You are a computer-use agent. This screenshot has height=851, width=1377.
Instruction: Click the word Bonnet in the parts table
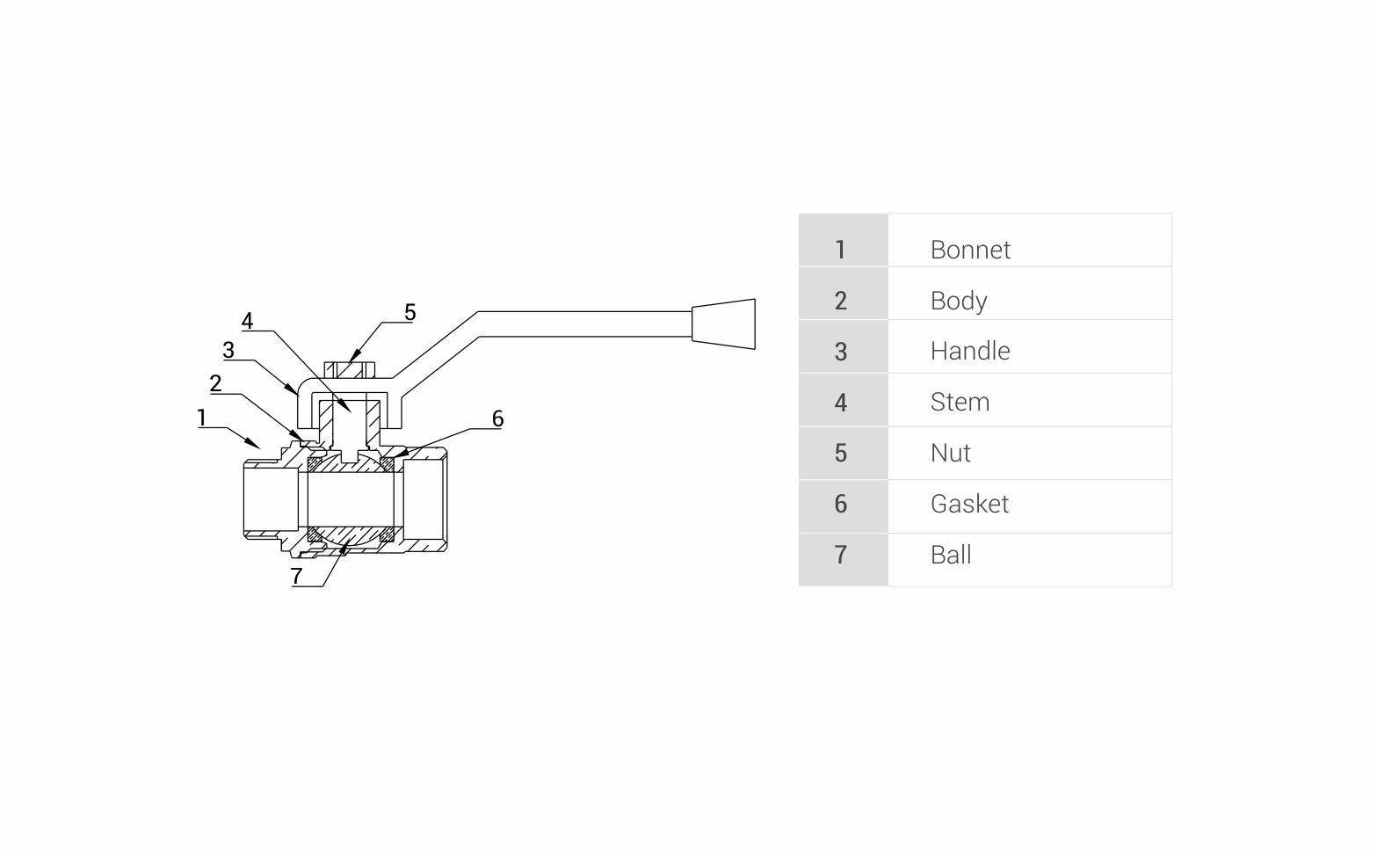click(969, 251)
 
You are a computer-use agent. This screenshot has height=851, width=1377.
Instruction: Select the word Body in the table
click(958, 302)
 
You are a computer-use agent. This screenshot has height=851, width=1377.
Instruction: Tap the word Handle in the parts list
click(969, 352)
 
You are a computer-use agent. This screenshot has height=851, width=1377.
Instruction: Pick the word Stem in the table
click(960, 403)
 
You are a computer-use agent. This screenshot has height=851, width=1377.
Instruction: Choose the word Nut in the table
click(950, 454)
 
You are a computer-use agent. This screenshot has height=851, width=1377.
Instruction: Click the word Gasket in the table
click(968, 505)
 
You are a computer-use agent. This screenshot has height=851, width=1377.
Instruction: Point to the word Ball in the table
click(950, 556)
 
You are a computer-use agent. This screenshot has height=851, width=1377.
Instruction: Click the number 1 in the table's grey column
click(840, 251)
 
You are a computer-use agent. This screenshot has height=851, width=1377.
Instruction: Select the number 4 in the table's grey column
click(840, 403)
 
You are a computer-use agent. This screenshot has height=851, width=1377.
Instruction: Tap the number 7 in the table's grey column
click(840, 556)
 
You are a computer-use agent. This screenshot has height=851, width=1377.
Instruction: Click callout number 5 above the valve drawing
click(409, 313)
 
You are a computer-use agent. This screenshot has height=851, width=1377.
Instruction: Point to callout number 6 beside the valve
click(497, 418)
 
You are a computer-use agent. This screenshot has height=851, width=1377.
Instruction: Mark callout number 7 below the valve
click(297, 576)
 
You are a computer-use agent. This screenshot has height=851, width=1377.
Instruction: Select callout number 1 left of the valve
click(201, 418)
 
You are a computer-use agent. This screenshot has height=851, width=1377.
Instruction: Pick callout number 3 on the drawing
click(228, 351)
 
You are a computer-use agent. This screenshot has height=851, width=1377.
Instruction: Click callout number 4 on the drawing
click(247, 322)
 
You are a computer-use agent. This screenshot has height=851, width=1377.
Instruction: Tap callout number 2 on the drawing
click(215, 383)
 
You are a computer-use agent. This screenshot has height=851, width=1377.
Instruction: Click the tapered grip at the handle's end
click(723, 324)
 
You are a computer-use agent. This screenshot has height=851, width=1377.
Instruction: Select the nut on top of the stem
click(350, 369)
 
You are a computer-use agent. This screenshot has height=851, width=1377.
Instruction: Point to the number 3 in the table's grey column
click(840, 352)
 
